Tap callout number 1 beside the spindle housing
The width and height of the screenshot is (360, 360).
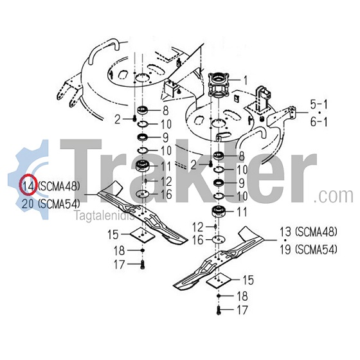point(246,80)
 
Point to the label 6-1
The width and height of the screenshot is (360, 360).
point(319,122)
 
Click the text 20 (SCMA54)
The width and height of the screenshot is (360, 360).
point(51,204)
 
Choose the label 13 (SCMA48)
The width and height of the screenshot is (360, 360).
point(309,232)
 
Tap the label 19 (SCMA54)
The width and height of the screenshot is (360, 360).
point(309,249)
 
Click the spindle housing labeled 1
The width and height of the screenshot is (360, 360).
point(219,85)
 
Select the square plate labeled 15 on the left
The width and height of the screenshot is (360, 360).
point(142,235)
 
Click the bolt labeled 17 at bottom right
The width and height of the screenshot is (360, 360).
point(219,310)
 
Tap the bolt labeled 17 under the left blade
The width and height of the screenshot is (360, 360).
point(143,265)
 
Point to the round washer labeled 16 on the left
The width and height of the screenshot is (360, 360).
point(143,194)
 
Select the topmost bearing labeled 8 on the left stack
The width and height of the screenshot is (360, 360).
point(143,110)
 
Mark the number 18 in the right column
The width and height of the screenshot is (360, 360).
point(242,296)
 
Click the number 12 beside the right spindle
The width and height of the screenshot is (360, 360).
point(198,228)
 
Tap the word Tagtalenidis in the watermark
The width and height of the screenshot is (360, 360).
point(105,216)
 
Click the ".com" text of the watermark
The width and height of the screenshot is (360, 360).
point(333,196)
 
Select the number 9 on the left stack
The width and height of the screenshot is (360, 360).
point(166,138)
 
